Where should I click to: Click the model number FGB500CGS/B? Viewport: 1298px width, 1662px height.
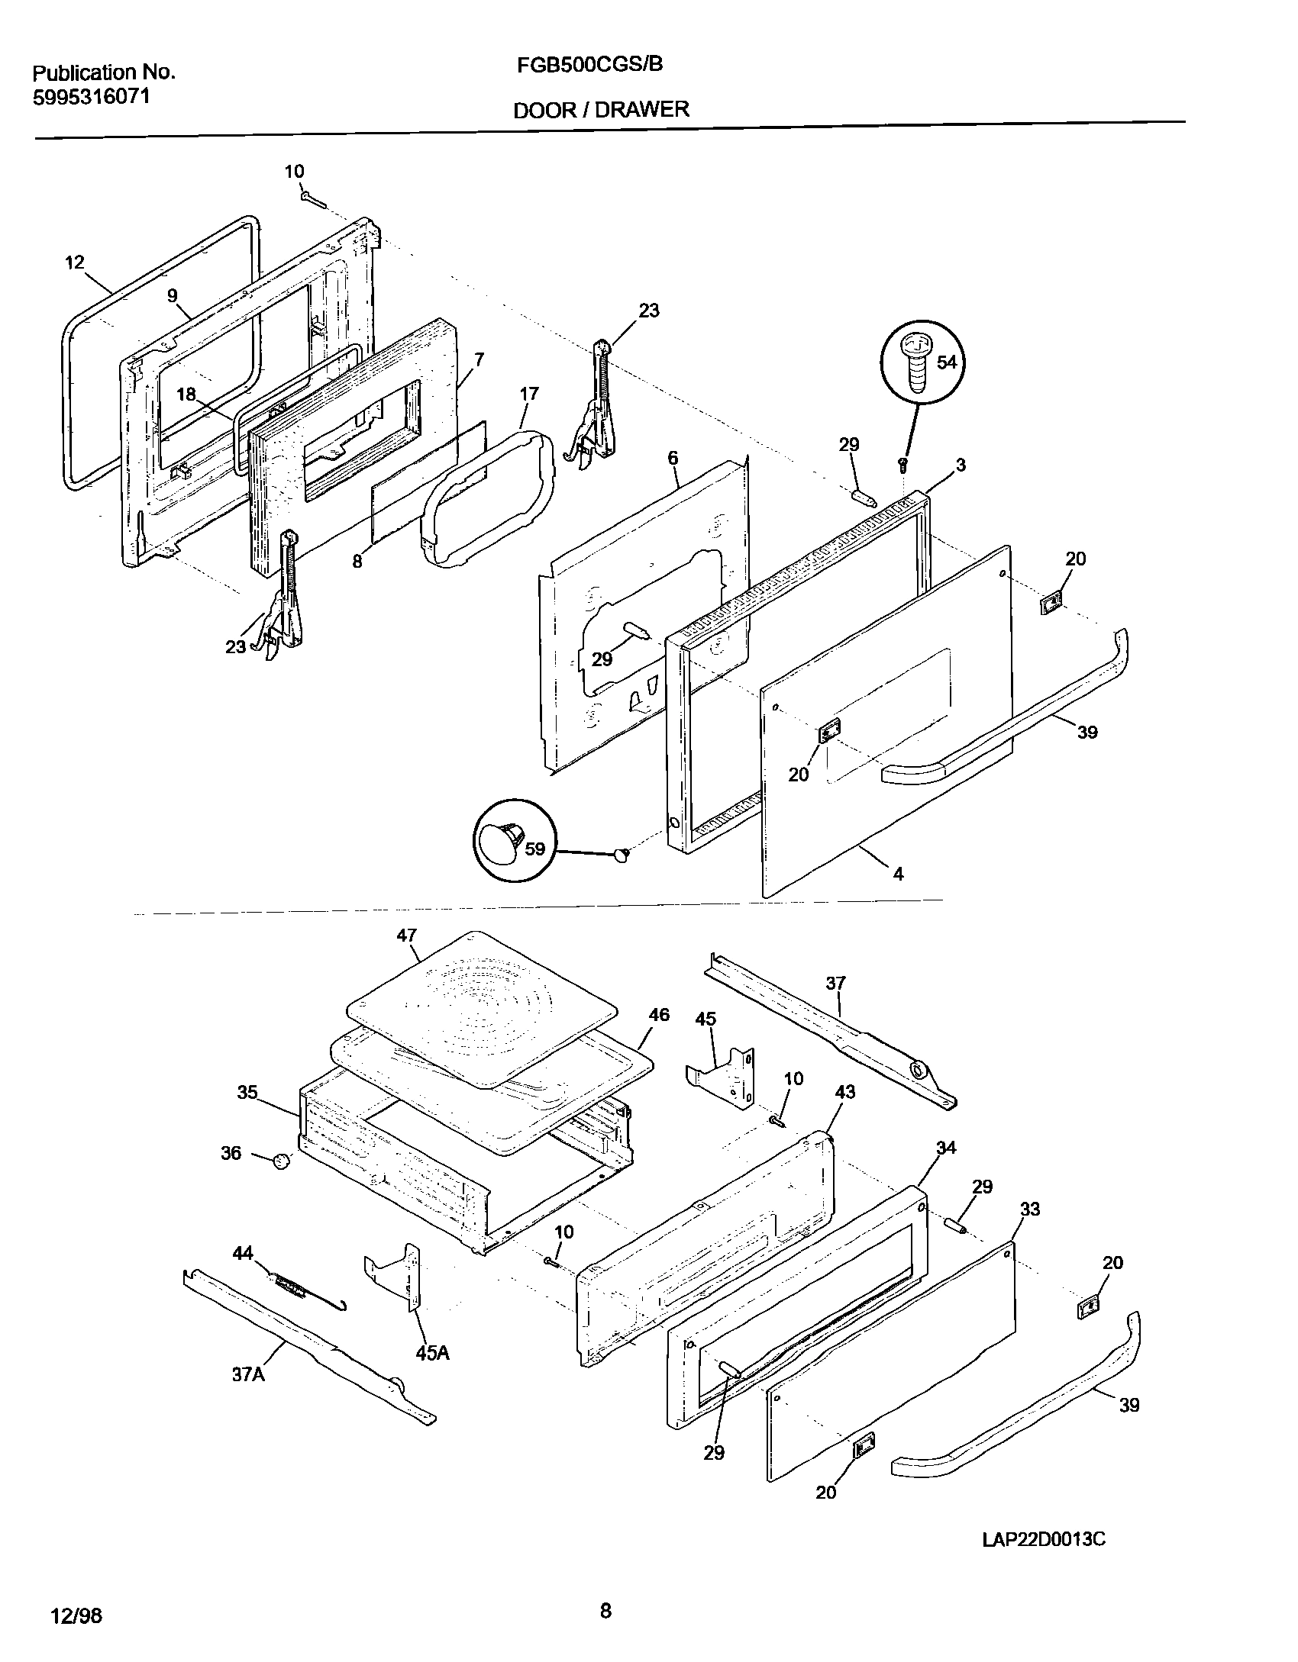[x=589, y=66]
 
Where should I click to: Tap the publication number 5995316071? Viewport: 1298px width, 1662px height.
[x=91, y=97]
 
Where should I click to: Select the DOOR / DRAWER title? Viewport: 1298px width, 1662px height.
[x=601, y=110]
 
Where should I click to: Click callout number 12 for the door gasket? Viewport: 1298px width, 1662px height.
[x=74, y=263]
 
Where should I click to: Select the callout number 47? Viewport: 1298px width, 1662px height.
[x=407, y=936]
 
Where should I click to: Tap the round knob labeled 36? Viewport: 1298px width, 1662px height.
[x=282, y=1161]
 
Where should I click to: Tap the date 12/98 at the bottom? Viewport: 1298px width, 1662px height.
[x=76, y=1611]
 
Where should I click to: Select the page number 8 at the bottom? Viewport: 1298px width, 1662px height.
[x=605, y=1606]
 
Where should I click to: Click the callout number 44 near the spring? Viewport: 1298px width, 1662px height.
[x=243, y=1253]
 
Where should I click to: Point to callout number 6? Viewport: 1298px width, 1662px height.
[x=673, y=458]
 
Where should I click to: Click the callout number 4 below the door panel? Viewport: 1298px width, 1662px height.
[x=898, y=874]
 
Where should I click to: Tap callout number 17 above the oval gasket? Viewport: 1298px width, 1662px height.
[x=528, y=394]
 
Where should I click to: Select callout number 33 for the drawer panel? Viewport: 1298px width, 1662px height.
[x=1030, y=1209]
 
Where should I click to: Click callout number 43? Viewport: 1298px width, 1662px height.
[x=845, y=1092]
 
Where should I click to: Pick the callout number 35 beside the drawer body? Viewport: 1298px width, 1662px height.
[x=247, y=1093]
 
